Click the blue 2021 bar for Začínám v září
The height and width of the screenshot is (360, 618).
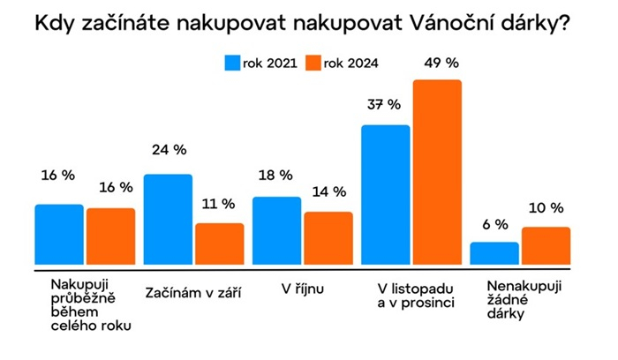(168, 219)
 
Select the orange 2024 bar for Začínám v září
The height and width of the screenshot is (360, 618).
(219, 244)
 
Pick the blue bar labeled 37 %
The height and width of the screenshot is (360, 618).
(386, 194)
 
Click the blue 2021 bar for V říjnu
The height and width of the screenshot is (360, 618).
(276, 230)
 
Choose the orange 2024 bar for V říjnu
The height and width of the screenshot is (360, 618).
(328, 238)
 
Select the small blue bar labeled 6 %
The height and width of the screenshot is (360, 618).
(494, 253)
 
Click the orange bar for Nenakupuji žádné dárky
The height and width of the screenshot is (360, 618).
(546, 245)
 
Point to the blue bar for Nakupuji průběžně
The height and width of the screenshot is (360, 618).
(59, 234)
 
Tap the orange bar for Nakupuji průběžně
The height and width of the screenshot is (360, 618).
(110, 236)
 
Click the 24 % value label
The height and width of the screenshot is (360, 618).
(168, 150)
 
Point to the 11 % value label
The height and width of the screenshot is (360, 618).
(218, 204)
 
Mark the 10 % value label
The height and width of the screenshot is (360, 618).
(546, 208)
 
